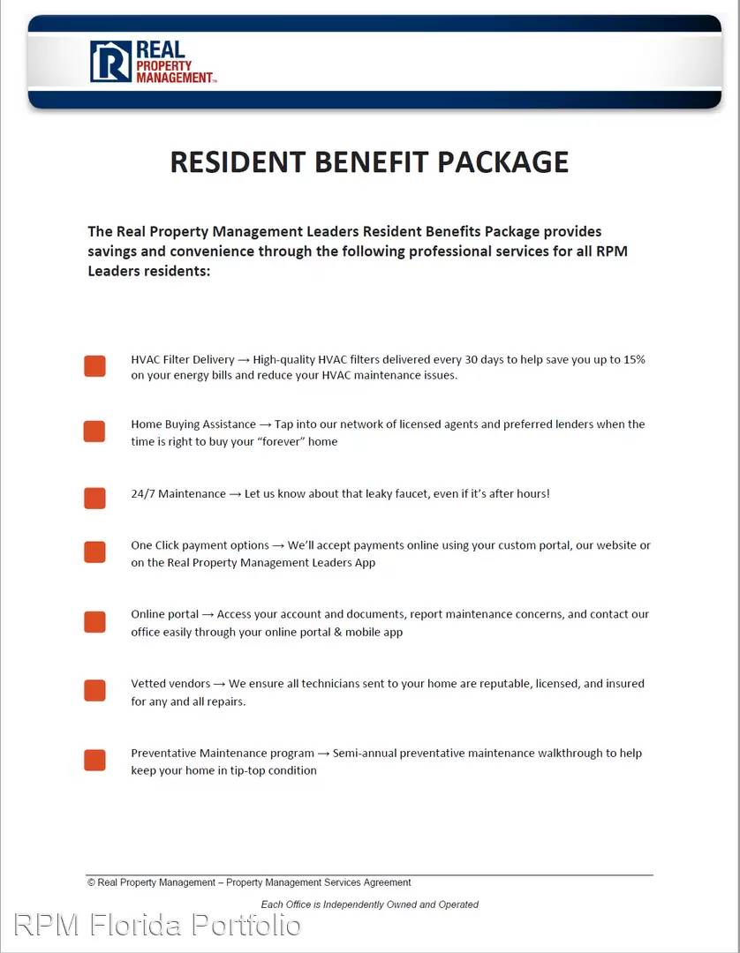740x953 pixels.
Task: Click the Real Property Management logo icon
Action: click(x=110, y=62)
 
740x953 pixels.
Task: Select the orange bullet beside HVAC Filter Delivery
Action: click(x=94, y=366)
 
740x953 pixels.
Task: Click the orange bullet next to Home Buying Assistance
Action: click(x=94, y=431)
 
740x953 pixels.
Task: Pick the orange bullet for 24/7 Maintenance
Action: click(x=94, y=498)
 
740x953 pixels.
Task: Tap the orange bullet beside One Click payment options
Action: click(x=94, y=552)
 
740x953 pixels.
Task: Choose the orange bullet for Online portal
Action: click(x=94, y=622)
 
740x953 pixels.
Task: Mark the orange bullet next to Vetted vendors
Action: click(x=94, y=691)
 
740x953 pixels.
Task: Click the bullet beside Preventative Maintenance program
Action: click(x=94, y=761)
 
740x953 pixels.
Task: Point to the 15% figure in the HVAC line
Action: click(x=634, y=360)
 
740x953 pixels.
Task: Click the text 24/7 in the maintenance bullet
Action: click(x=142, y=494)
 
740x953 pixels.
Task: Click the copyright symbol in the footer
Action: click(x=91, y=882)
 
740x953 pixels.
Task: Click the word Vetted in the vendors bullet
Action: click(x=147, y=684)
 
